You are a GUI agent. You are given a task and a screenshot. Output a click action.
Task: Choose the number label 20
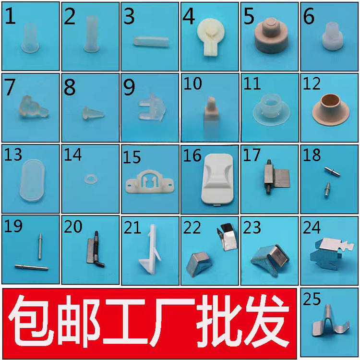click(73, 227)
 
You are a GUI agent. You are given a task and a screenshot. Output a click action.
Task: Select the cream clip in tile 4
click(209, 39)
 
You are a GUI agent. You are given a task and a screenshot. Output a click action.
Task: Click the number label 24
click(312, 227)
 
